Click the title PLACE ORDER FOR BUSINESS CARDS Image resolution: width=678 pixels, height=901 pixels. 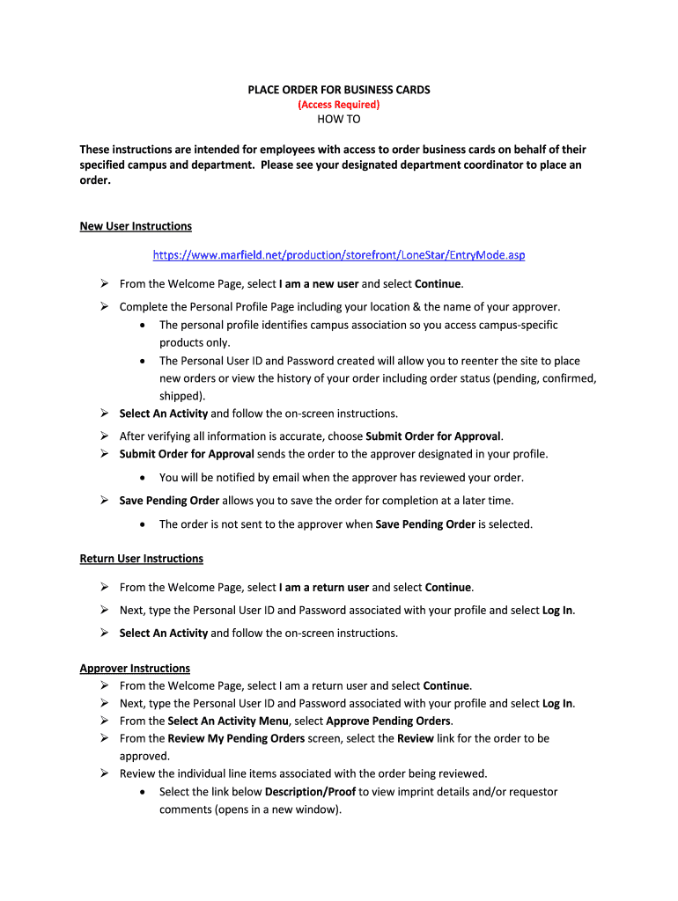[338, 90]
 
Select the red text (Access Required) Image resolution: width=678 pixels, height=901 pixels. [338, 105]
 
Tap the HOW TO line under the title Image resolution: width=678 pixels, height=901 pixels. [338, 120]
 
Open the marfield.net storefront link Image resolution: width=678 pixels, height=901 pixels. [338, 255]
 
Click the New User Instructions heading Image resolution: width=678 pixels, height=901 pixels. [136, 226]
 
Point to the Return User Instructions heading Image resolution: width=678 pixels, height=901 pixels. [141, 559]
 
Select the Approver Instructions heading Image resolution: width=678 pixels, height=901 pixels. [135, 668]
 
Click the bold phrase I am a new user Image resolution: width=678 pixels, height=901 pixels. [319, 283]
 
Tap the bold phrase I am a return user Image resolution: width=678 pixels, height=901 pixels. [324, 587]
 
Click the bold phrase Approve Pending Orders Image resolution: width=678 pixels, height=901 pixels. [389, 721]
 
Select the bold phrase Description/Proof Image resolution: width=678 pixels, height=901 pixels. [310, 791]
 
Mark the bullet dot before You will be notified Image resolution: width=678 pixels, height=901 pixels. [144, 478]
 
